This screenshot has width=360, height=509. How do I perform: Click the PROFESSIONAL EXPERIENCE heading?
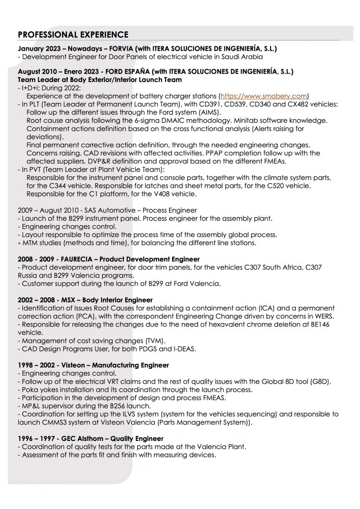point(73,34)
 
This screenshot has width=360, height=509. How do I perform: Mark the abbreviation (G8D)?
point(320,381)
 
